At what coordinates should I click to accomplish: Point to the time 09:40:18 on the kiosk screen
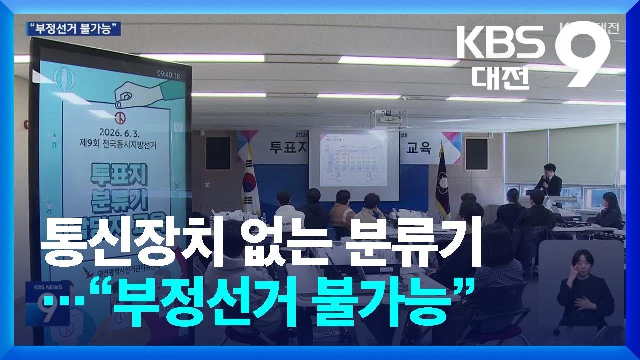(x=168, y=75)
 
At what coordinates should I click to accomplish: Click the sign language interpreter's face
(x=583, y=262)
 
